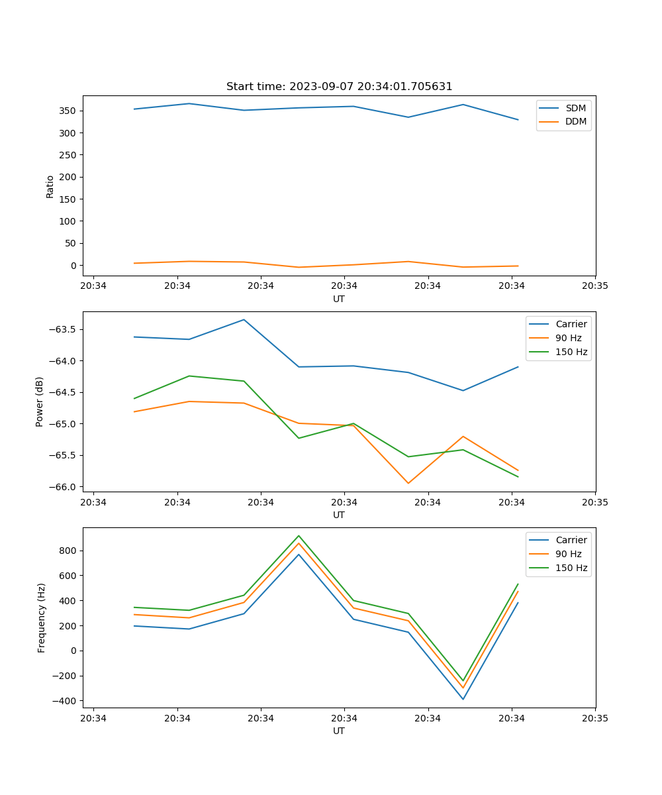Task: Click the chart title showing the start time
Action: (339, 87)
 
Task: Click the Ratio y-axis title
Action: (50, 186)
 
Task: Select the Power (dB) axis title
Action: (40, 401)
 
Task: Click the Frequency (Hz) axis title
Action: (41, 617)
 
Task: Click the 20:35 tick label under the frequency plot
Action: (595, 718)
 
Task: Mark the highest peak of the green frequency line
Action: (299, 535)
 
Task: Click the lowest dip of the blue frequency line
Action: (463, 699)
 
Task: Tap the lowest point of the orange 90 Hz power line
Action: (408, 483)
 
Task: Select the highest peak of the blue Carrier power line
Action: (244, 320)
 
